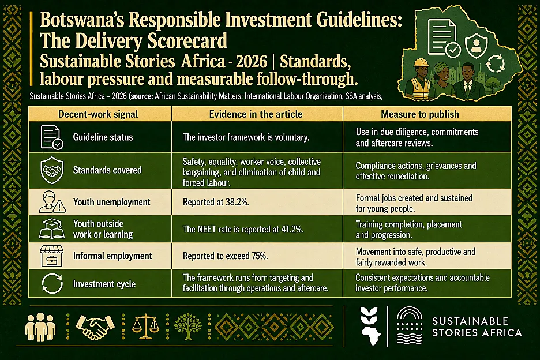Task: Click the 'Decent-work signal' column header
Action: [x=98, y=114]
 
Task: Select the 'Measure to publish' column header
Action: [x=420, y=114]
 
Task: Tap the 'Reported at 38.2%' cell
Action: [x=216, y=202]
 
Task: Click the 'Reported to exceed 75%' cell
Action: [x=225, y=256]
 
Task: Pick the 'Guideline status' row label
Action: [x=103, y=137]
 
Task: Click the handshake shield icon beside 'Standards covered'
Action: [x=52, y=170]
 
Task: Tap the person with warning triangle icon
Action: [x=52, y=202]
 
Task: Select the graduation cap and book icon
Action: [x=52, y=228]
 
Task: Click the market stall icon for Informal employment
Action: [x=52, y=256]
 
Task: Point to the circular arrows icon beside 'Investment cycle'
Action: [x=52, y=284]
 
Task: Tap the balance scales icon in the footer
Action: [x=145, y=326]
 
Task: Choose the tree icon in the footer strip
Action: [x=187, y=327]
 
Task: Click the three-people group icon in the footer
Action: [x=40, y=327]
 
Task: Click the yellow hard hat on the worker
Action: [x=421, y=63]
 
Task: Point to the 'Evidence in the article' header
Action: [x=256, y=114]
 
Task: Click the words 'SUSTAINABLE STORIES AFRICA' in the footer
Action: [x=477, y=327]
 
